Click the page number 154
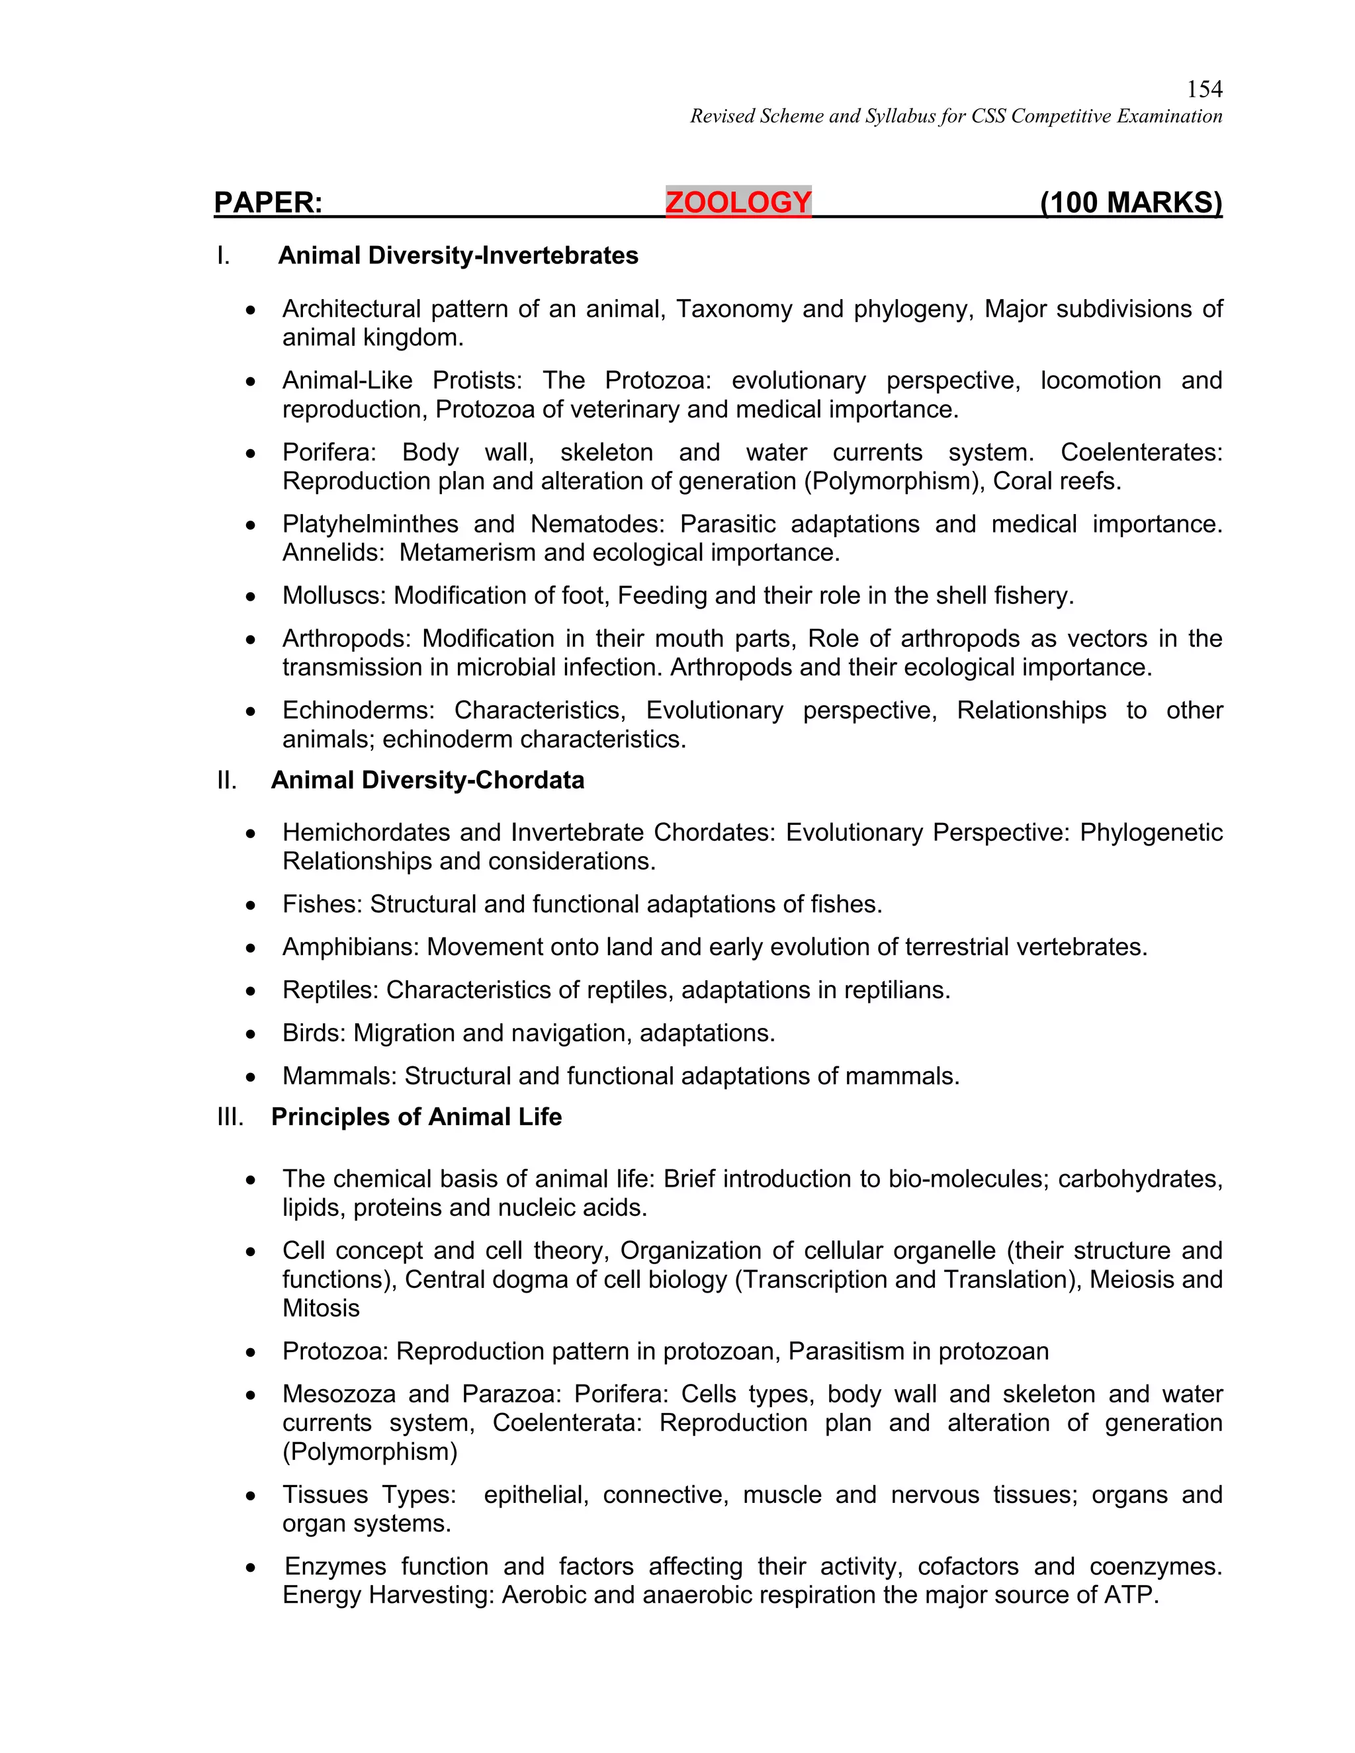(1204, 89)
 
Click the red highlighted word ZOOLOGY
(738, 202)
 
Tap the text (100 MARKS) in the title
(1130, 202)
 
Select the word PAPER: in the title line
(268, 202)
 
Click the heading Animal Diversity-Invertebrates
(458, 255)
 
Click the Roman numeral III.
(230, 1117)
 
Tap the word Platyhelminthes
(370, 524)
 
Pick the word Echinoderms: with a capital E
(358, 710)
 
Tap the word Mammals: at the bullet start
(339, 1076)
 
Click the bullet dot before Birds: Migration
(251, 1034)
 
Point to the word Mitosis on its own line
(321, 1308)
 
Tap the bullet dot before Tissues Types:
(251, 1496)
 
